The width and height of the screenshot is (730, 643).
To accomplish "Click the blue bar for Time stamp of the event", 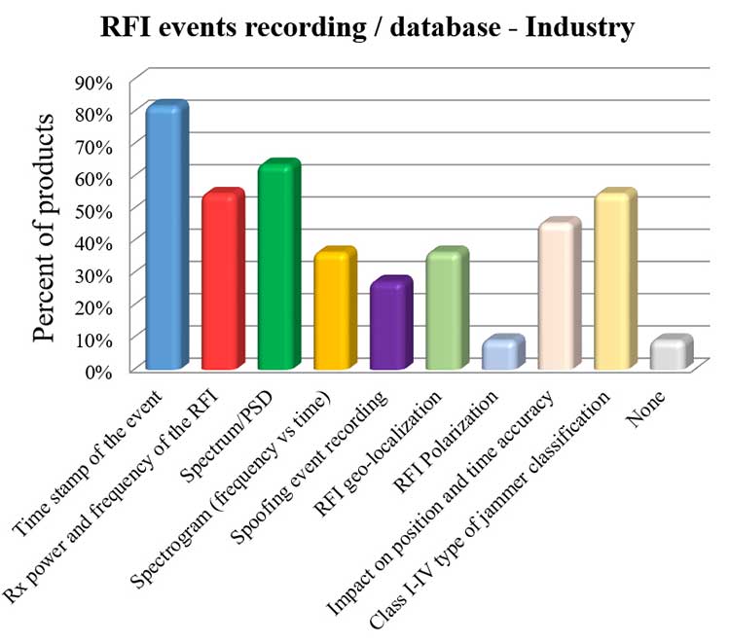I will point(164,238).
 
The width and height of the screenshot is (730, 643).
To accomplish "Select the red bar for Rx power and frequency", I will point(221,282).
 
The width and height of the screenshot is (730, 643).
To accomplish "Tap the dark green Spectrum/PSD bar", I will point(277,268).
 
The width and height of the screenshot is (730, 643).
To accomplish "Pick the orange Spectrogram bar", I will point(334,311).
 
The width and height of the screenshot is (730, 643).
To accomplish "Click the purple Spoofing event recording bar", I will point(389,326).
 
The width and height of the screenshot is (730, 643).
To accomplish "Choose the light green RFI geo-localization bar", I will point(446,311).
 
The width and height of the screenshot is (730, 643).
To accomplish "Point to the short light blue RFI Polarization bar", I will point(502,354).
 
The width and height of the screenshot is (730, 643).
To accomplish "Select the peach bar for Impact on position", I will point(559,297).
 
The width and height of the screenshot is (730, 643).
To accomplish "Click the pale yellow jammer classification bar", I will point(614,282).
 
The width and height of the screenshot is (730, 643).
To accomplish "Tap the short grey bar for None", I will point(671,354).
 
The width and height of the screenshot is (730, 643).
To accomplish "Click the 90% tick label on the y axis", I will point(94,82).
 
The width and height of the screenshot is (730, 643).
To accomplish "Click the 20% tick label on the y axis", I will point(94,306).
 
